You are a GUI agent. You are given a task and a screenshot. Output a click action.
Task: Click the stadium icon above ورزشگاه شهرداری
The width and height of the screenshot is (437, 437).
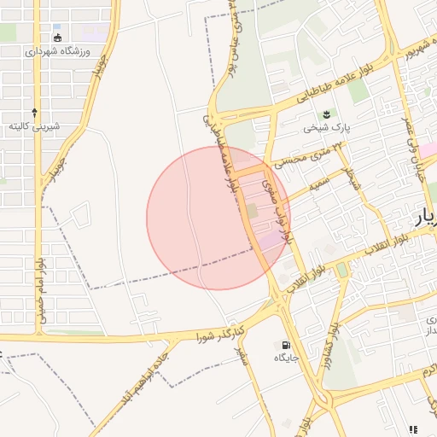coord(57,37)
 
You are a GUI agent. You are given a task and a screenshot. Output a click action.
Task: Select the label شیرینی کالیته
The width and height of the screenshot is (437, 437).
coord(34,126)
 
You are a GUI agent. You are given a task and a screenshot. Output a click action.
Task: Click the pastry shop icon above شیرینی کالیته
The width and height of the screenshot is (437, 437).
coord(34,112)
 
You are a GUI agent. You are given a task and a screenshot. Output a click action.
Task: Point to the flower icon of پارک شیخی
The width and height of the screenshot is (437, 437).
coord(324,115)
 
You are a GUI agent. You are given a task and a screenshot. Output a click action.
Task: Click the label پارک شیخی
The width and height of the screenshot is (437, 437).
coord(324,130)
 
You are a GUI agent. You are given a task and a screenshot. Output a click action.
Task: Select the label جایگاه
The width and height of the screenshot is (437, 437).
coord(284,358)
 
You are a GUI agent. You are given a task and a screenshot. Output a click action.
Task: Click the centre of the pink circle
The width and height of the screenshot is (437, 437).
coord(218,218)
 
